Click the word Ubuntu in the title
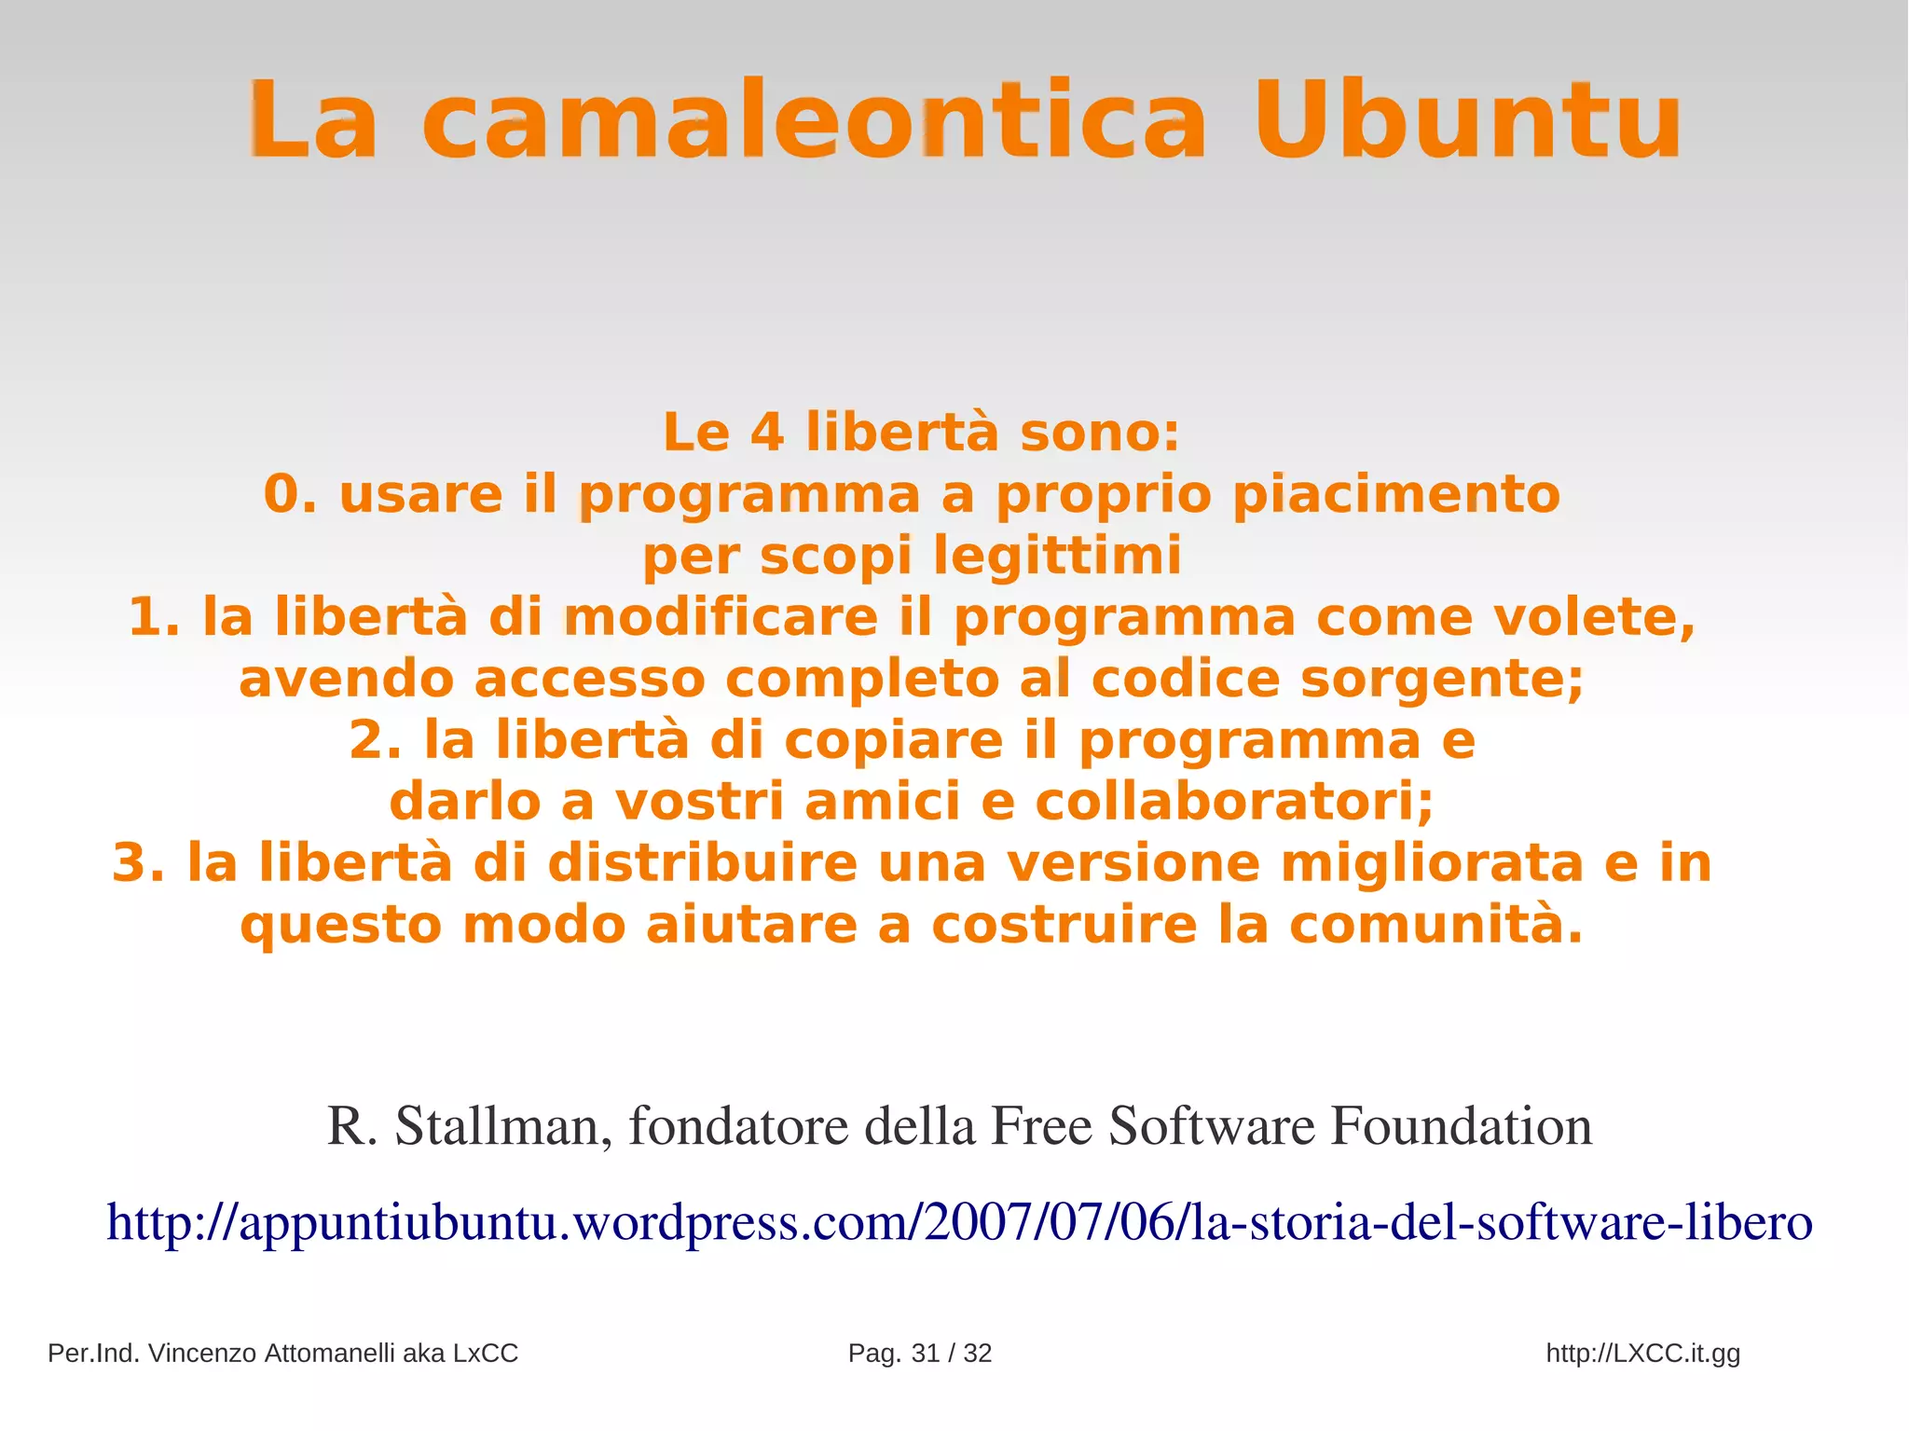[x=1467, y=120]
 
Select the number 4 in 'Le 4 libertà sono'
[x=767, y=433]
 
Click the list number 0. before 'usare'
[x=290, y=494]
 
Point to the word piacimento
[x=1395, y=494]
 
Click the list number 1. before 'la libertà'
[x=154, y=617]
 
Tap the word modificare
[x=721, y=617]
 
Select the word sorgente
[x=1441, y=679]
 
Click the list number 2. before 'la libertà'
[x=376, y=740]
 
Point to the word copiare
[x=893, y=740]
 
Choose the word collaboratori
[x=1233, y=802]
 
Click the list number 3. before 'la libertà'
[x=138, y=863]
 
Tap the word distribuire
[x=702, y=863]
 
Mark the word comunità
[x=1435, y=925]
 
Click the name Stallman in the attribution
[x=503, y=1126]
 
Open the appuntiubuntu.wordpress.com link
[x=959, y=1222]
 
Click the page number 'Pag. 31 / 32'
[x=919, y=1353]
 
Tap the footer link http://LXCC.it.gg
[x=1642, y=1353]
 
